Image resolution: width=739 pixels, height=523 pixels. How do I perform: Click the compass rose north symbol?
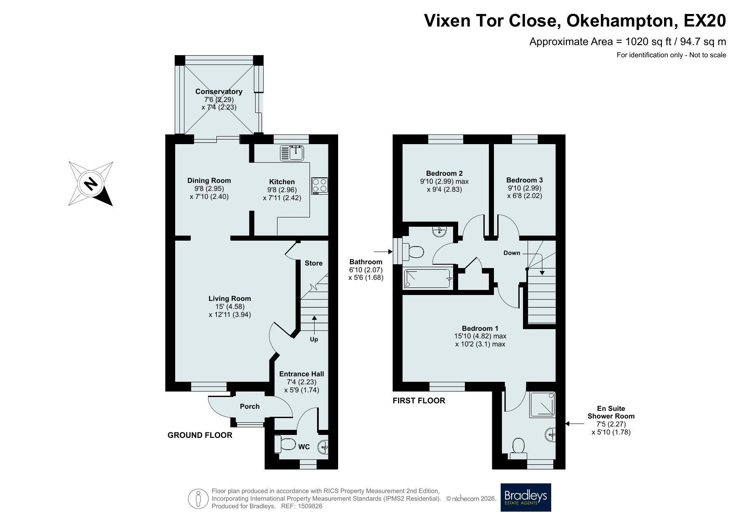[91, 184]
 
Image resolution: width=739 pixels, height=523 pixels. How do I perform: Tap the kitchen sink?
[292, 153]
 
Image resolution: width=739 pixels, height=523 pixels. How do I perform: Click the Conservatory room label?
[219, 91]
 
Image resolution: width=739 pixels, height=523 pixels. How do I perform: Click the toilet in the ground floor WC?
[285, 444]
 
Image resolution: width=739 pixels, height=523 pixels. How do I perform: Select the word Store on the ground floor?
[314, 263]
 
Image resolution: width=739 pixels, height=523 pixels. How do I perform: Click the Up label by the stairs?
[314, 339]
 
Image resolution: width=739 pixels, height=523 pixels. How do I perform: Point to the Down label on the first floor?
[512, 253]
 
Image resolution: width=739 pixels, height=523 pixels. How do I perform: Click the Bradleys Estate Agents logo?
[526, 497]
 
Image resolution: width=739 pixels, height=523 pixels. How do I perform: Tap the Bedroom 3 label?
[524, 180]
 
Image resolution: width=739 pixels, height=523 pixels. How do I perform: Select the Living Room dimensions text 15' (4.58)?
[229, 306]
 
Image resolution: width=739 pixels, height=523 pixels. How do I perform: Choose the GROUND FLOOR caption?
[200, 435]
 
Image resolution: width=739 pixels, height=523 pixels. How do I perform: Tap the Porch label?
[250, 406]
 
